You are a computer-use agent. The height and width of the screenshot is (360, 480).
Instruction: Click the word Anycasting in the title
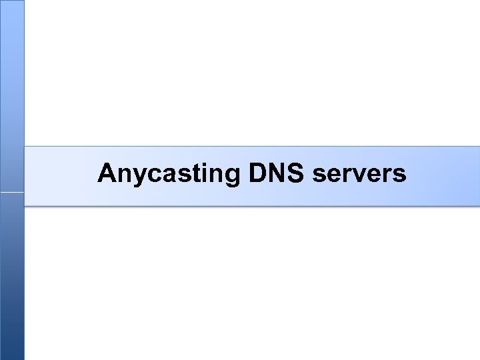coord(168,174)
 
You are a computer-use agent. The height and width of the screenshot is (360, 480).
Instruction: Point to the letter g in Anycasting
coord(230,177)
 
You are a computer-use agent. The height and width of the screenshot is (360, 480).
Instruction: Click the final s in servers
coord(399,175)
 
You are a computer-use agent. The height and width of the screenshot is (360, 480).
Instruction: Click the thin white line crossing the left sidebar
coord(12,193)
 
